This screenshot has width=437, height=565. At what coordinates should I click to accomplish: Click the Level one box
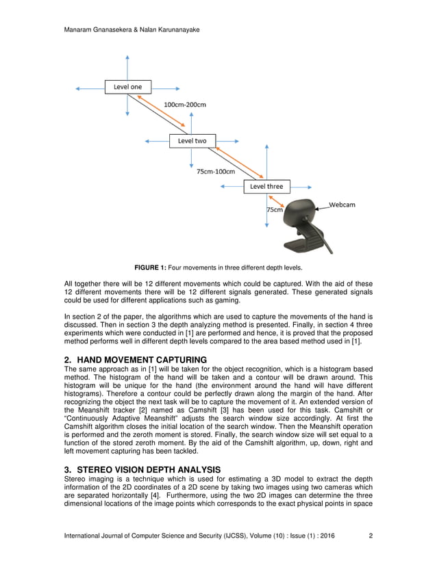coord(127,87)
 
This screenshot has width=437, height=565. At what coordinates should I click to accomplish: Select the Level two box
coord(192,141)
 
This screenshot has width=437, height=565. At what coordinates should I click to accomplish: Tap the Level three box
coord(266,186)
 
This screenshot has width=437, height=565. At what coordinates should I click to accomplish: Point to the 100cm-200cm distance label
coord(185,105)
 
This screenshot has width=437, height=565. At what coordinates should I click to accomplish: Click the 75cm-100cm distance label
coord(216,172)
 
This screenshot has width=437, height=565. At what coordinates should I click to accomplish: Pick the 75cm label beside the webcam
coord(274,210)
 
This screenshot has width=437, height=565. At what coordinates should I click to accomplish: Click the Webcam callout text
coord(342,205)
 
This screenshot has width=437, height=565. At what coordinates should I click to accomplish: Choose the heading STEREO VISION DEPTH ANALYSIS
coord(148,469)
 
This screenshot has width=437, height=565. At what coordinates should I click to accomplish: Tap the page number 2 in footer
coord(371,536)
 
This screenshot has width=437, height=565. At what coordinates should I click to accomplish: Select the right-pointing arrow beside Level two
coord(229,141)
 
